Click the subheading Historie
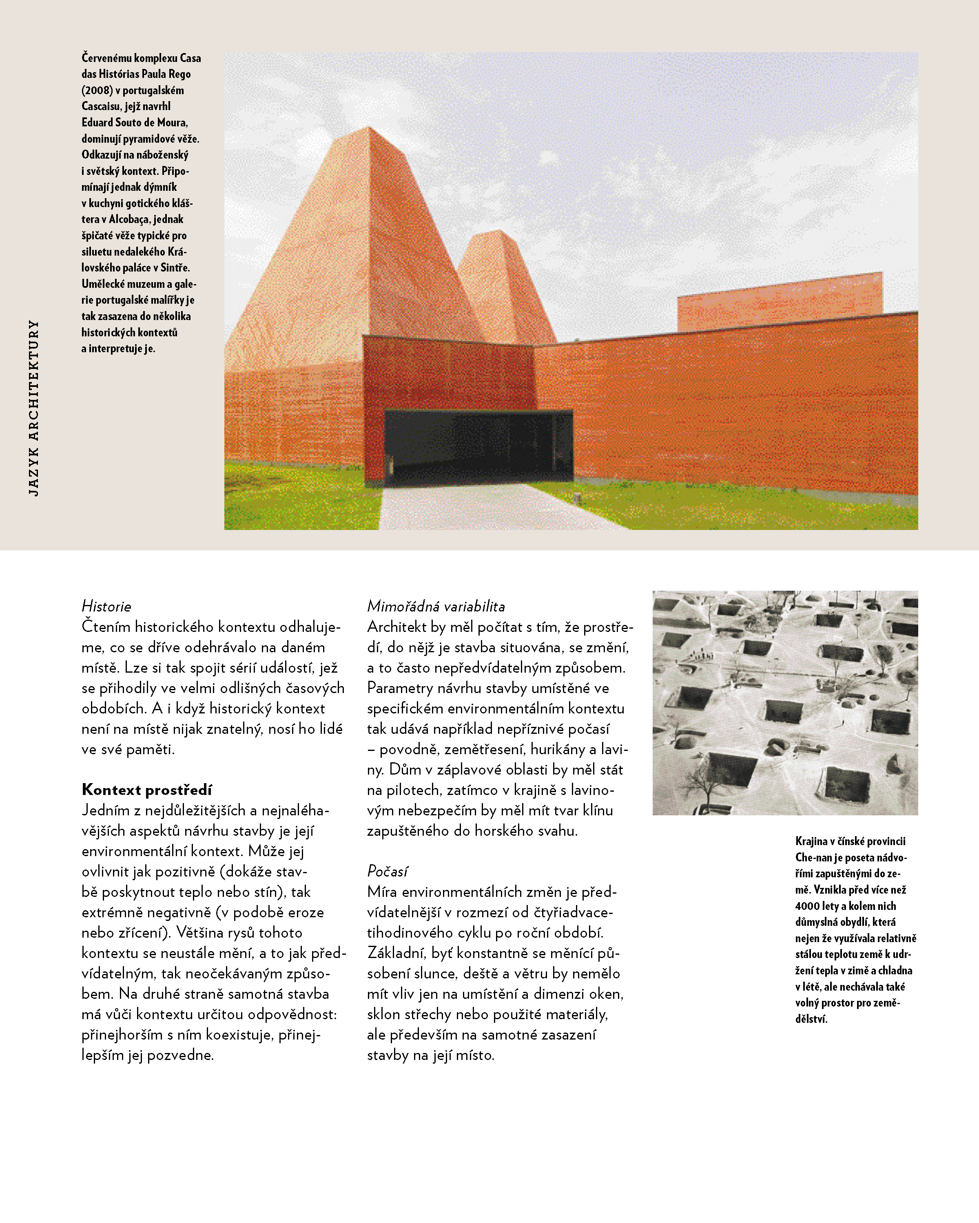coord(106,606)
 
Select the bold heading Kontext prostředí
coord(146,790)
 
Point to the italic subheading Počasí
coord(387,871)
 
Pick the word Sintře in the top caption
coord(175,268)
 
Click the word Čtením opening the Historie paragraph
coord(106,627)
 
